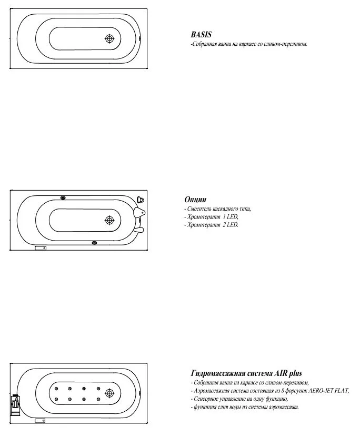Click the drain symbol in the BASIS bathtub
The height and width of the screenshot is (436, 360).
pyautogui.click(x=109, y=39)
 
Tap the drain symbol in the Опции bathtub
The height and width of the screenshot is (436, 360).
pyautogui.click(x=109, y=221)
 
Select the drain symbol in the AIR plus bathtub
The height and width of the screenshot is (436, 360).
pyautogui.click(x=109, y=393)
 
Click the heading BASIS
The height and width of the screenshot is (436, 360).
pyautogui.click(x=201, y=35)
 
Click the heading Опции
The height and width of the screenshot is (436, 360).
pyautogui.click(x=195, y=200)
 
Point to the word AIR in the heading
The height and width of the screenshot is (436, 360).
pyautogui.click(x=280, y=373)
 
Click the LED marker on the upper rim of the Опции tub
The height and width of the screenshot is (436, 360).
pyautogui.click(x=62, y=199)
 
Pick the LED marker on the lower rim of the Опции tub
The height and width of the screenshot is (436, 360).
pyautogui.click(x=94, y=243)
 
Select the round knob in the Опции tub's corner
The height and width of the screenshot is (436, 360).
pyautogui.click(x=141, y=200)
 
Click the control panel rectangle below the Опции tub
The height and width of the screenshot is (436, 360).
pyautogui.click(x=41, y=247)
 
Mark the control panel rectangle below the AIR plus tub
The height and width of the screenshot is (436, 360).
pyautogui.click(x=41, y=421)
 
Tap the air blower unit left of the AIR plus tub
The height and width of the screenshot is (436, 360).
pyautogui.click(x=15, y=405)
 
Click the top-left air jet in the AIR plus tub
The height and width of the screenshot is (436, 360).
pyautogui.click(x=56, y=389)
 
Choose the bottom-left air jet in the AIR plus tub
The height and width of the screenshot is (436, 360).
pyautogui.click(x=56, y=399)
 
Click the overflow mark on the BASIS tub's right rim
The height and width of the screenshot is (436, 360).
pyautogui.click(x=140, y=38)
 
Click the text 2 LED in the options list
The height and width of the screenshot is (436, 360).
pyautogui.click(x=231, y=225)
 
